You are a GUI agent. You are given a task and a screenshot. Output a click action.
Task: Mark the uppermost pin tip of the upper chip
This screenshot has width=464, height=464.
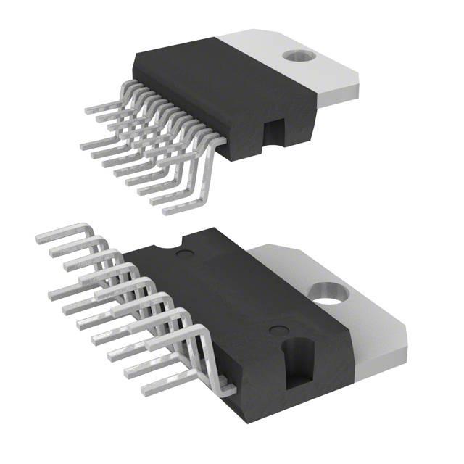(x=88, y=110)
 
